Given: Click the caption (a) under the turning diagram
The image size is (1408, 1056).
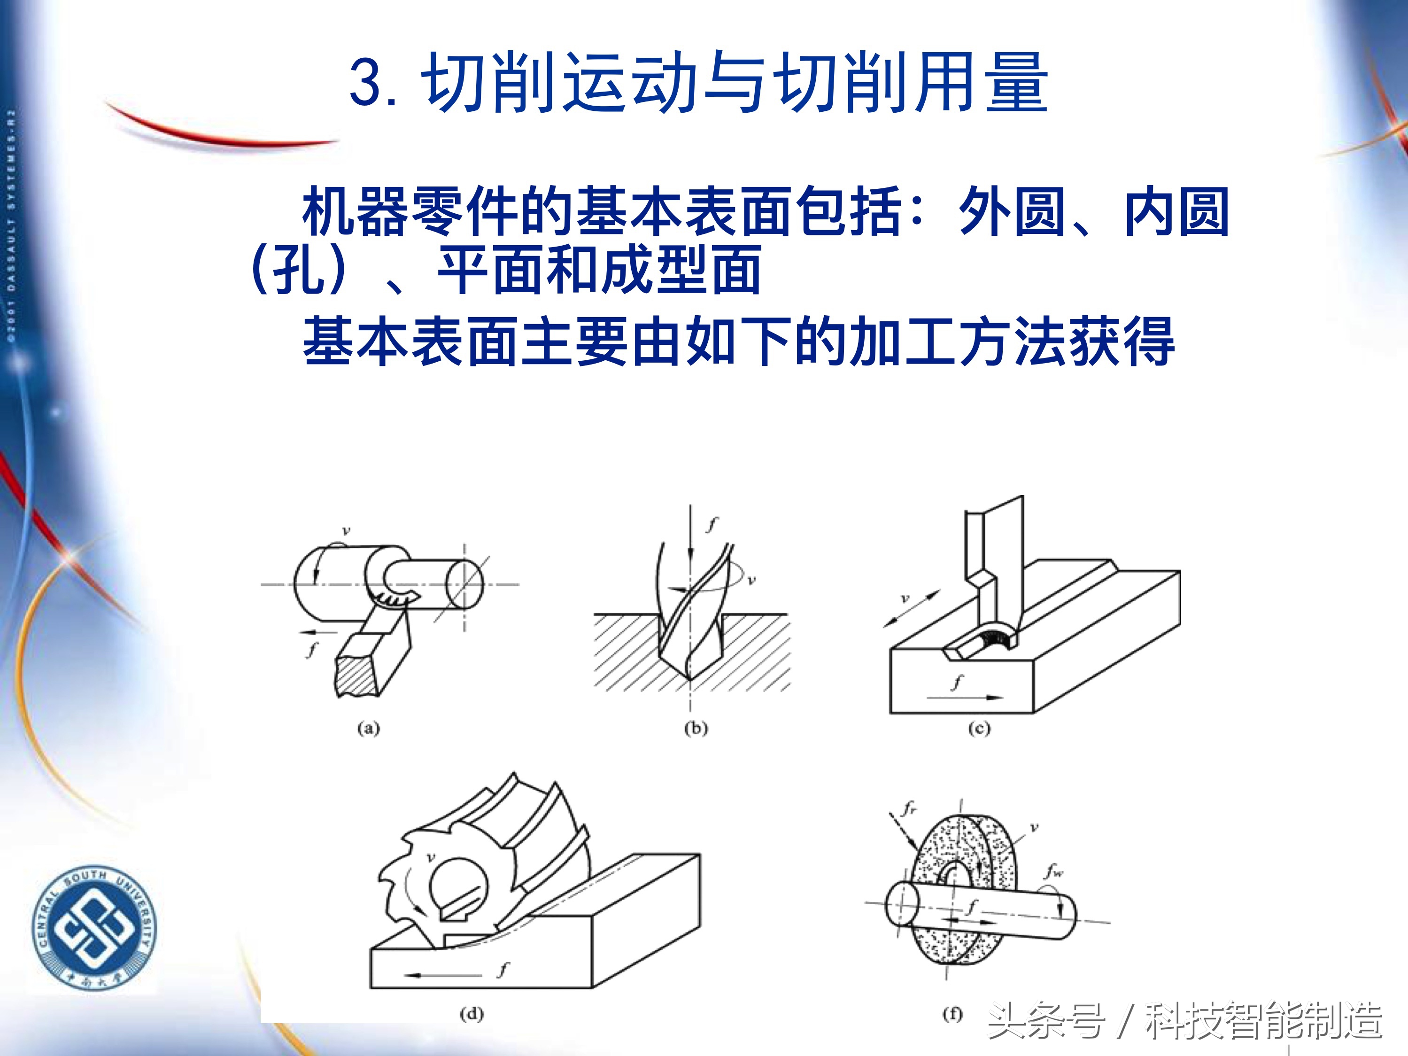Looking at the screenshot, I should coord(368,728).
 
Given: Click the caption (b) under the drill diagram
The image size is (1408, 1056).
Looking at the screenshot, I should coord(696,728).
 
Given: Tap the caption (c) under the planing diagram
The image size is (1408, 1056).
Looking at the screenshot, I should coord(979,728).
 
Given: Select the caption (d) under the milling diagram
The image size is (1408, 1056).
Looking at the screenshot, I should coord(471,1013).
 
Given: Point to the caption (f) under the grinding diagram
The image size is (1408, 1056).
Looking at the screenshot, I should coord(952,1013).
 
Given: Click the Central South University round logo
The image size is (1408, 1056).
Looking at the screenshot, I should coord(94,926).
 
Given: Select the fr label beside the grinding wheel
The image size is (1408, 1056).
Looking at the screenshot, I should coord(909,809).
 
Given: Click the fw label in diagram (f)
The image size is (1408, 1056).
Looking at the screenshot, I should coord(1053,871).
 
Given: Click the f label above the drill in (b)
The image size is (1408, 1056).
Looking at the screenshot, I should coord(712,524).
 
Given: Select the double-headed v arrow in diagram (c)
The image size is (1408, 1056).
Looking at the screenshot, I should coord(912,609).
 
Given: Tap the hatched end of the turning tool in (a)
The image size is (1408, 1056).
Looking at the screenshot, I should coord(355,676).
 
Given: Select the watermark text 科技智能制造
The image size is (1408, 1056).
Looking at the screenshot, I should coord(1263,1020).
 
